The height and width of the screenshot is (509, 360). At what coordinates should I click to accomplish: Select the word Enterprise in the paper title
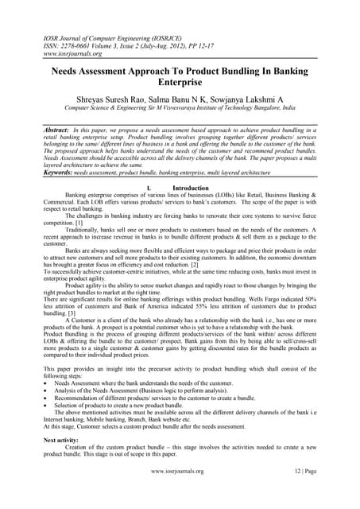(180, 82)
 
